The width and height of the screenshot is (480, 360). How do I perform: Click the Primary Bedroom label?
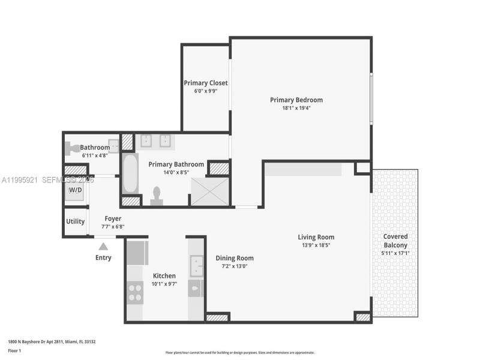296,100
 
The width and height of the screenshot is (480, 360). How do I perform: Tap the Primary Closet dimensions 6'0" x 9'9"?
205,91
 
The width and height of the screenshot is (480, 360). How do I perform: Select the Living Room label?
316,237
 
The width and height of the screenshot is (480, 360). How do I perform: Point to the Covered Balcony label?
395,241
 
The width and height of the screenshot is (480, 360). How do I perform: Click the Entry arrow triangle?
103,246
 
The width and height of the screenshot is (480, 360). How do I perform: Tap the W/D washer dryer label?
75,190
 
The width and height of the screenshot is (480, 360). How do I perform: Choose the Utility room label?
75,221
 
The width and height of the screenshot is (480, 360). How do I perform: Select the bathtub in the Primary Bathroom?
130,174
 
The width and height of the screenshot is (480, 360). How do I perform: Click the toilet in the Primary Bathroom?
157,196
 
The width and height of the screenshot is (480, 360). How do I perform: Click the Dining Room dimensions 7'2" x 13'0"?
235,266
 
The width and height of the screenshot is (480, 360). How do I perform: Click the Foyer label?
113,219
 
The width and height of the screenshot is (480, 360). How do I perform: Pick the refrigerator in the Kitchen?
137,253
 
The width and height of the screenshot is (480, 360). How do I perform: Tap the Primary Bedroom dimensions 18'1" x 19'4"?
296,108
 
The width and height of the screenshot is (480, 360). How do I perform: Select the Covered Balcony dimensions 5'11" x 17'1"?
395,253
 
